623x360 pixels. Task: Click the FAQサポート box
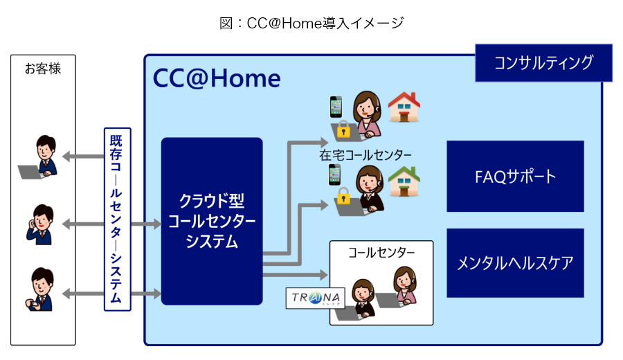click(x=515, y=176)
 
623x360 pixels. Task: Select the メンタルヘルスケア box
click(x=515, y=263)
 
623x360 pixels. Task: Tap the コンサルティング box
click(x=543, y=63)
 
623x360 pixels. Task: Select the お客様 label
click(x=42, y=69)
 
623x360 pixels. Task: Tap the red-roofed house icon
click(x=404, y=107)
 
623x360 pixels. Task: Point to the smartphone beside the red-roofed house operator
click(x=336, y=107)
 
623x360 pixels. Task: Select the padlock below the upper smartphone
click(x=343, y=129)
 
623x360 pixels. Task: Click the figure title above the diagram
click(x=311, y=23)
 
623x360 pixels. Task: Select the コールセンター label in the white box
click(x=381, y=253)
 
